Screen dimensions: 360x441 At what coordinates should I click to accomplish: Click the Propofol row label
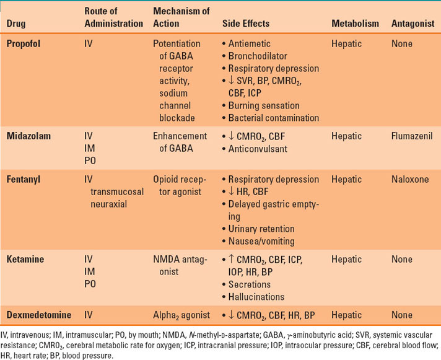[25, 45]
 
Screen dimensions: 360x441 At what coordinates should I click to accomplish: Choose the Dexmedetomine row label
[38, 314]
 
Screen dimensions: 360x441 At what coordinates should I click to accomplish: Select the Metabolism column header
[355, 24]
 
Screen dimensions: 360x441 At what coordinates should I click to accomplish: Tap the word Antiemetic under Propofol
[251, 45]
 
